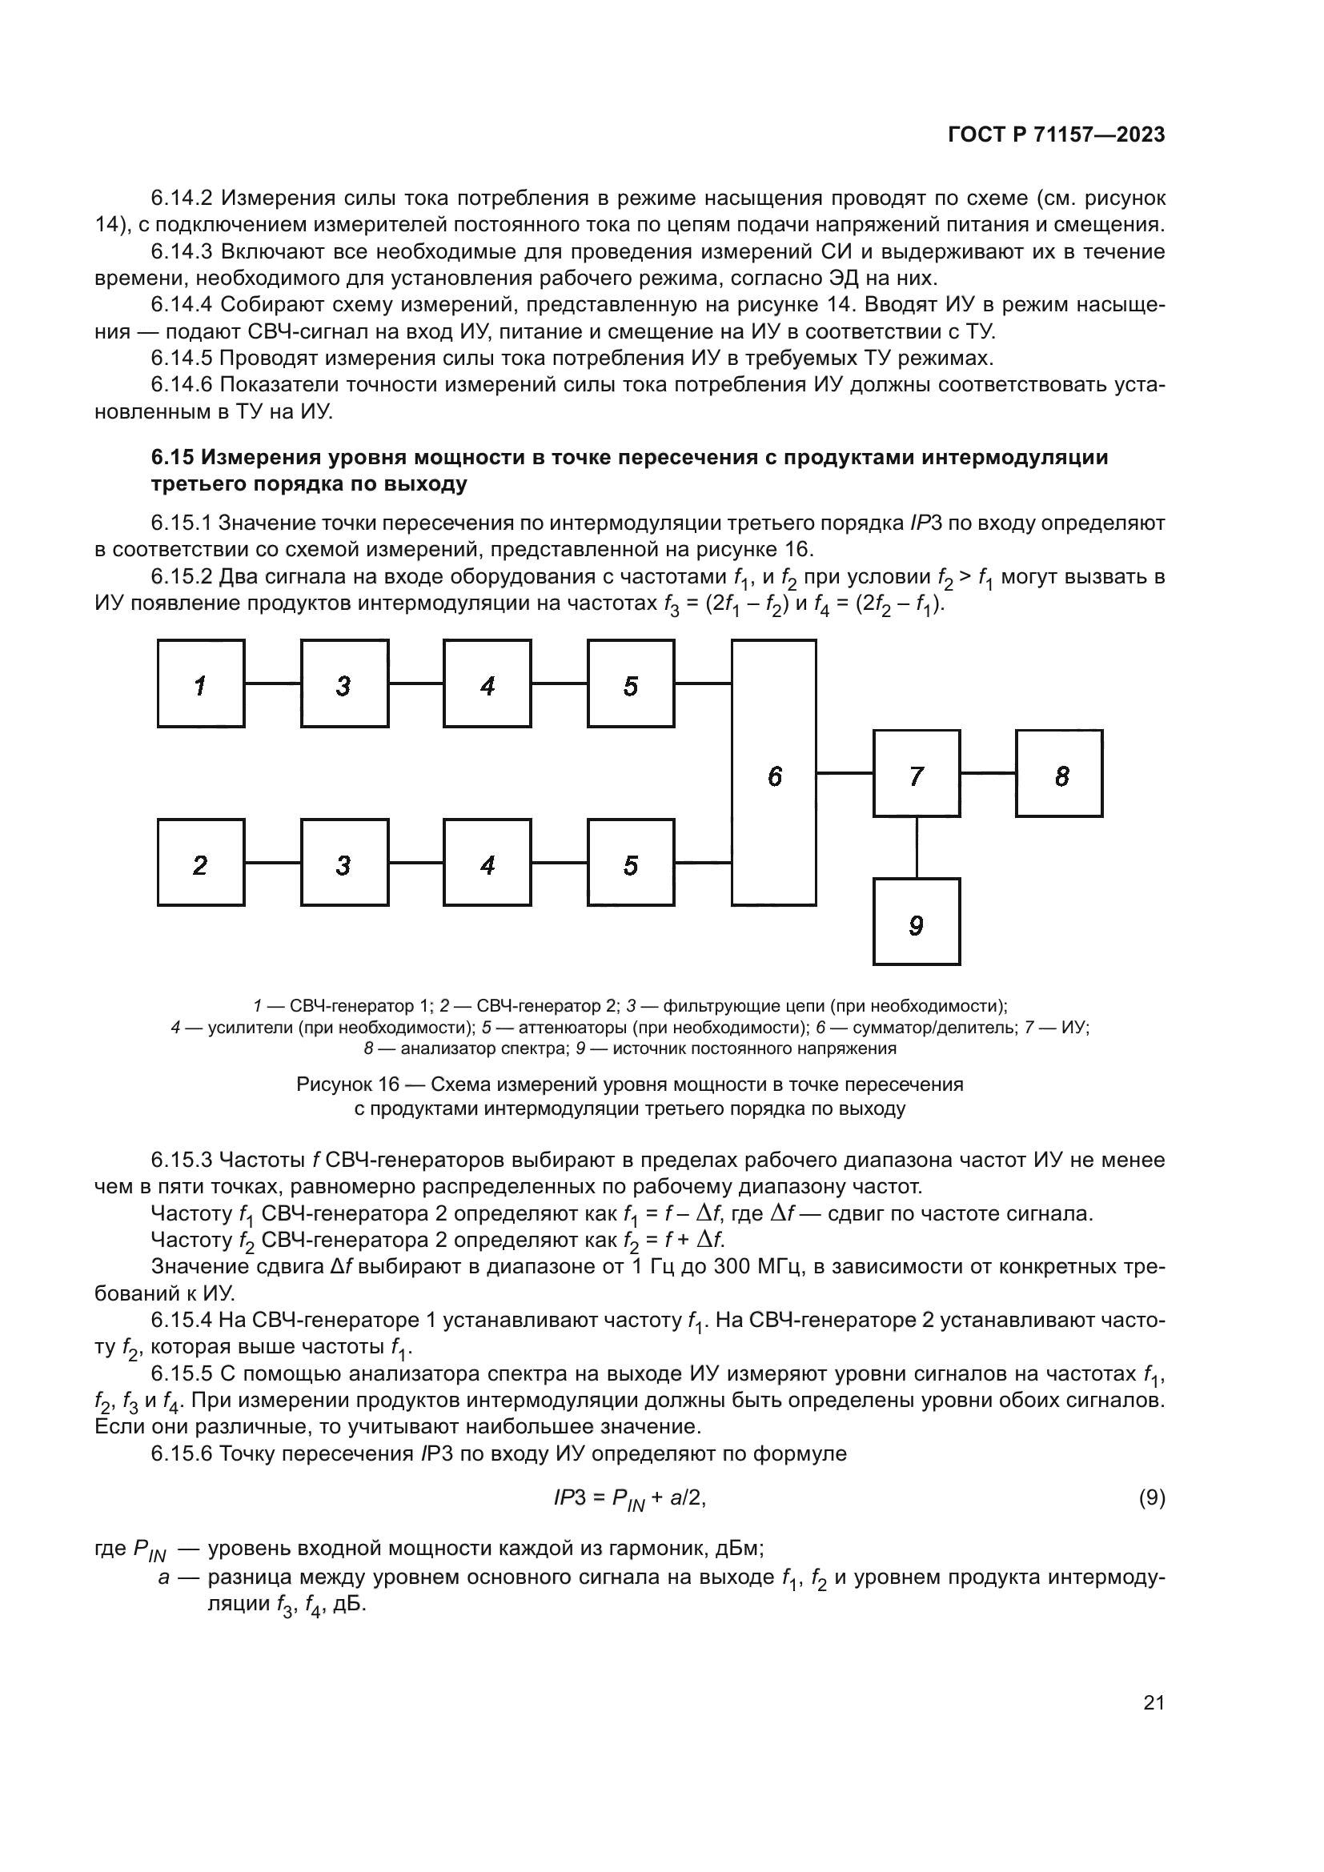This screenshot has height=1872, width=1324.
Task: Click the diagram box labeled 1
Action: pyautogui.click(x=201, y=683)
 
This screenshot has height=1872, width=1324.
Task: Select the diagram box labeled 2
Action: pyautogui.click(x=201, y=863)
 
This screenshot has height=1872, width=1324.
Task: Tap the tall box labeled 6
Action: pyautogui.click(x=774, y=773)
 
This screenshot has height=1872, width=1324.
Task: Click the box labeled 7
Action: pyautogui.click(x=917, y=773)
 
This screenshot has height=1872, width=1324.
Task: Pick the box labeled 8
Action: pyautogui.click(x=1059, y=773)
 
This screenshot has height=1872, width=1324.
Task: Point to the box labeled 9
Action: pyautogui.click(x=917, y=922)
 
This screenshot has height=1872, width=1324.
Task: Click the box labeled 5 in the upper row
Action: pyautogui.click(x=631, y=683)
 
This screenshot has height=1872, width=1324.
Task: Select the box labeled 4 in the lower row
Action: pyautogui.click(x=487, y=863)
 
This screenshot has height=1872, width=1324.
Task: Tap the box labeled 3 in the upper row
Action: pyautogui.click(x=344, y=683)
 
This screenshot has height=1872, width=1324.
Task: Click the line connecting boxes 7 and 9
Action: pyautogui.click(x=917, y=847)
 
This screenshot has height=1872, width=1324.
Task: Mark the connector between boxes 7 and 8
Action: pyautogui.click(x=988, y=772)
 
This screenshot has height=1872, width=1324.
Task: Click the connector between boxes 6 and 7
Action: pyautogui.click(x=845, y=772)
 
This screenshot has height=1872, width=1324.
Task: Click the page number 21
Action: pyautogui.click(x=1153, y=1702)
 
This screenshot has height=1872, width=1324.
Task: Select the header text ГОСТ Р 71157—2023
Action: pyautogui.click(x=1057, y=135)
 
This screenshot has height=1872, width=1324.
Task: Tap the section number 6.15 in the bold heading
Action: pyautogui.click(x=172, y=458)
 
